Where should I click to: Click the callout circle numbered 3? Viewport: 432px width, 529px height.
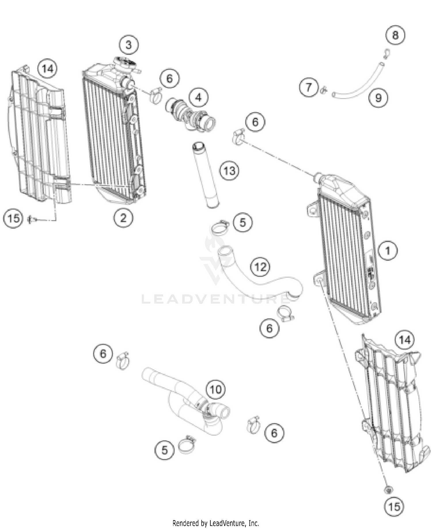click(128, 45)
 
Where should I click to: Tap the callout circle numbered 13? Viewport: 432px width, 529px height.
click(229, 171)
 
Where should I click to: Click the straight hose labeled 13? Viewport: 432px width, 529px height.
click(206, 175)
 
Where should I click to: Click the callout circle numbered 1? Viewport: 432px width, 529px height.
click(388, 250)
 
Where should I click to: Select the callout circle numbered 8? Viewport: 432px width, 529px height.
click(395, 35)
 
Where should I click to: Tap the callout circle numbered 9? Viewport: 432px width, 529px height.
click(378, 98)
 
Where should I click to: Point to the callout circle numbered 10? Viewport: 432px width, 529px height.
click(216, 390)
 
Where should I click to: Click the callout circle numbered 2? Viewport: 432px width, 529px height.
click(123, 218)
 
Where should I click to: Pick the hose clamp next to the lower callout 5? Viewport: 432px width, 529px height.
click(187, 445)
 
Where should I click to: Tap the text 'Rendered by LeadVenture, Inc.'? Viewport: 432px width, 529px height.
click(215, 523)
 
